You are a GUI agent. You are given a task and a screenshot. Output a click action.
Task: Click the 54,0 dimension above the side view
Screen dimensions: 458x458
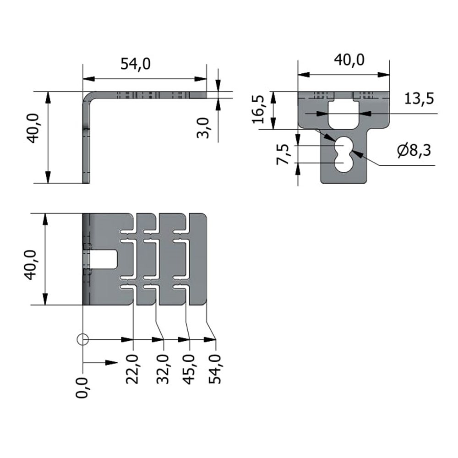click(136, 64)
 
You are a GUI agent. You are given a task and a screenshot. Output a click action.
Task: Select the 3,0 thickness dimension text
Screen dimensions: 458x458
click(203, 128)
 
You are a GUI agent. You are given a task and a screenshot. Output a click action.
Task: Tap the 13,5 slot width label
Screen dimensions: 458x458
click(419, 99)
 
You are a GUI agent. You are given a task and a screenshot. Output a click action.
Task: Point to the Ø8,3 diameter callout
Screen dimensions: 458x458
click(414, 151)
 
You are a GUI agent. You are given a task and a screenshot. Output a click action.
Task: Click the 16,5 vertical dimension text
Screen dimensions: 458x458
click(258, 109)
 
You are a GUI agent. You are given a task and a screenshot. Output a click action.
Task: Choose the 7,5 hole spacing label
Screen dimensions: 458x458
click(283, 154)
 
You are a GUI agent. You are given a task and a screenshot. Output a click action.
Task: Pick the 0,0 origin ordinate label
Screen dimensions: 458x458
click(82, 387)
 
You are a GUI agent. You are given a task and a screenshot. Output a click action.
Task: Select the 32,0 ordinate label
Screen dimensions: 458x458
click(163, 369)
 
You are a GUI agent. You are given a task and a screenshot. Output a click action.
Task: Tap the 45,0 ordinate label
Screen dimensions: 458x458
click(189, 369)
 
